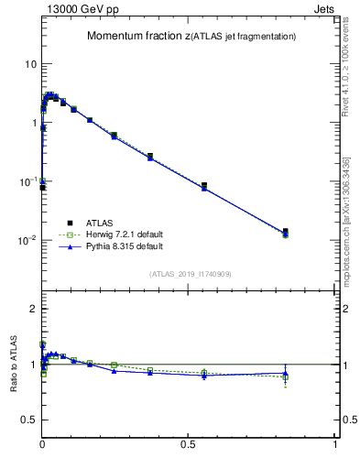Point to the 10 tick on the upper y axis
(x=30, y=64)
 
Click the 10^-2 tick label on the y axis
(x=27, y=241)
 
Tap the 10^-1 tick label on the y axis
(x=27, y=182)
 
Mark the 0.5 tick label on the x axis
(x=189, y=443)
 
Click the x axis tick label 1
(x=335, y=443)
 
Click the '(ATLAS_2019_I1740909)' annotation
(x=191, y=274)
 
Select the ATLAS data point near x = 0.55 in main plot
(x=204, y=186)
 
